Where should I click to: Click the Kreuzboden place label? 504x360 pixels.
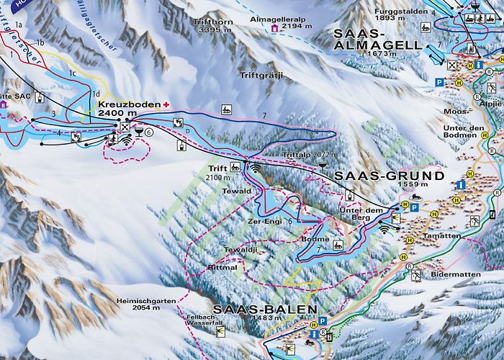(x=124, y=104)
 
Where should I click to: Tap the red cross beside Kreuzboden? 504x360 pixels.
(x=167, y=104)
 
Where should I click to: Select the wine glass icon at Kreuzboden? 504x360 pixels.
(x=138, y=132)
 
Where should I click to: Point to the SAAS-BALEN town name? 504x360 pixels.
(x=276, y=309)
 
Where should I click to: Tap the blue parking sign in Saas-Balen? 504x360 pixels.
(x=323, y=322)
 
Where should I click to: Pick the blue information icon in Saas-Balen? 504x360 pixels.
(x=315, y=335)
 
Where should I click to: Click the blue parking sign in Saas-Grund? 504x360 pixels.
(x=415, y=207)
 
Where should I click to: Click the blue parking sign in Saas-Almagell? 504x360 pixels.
(x=438, y=83)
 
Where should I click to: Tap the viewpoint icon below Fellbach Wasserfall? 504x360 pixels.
(x=220, y=330)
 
